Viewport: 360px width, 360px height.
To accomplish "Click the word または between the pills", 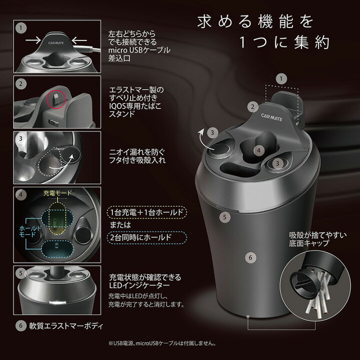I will click(x=122, y=225).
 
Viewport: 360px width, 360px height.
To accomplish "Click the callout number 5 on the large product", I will click(x=225, y=217).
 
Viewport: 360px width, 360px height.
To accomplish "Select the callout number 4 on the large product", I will click(x=258, y=150).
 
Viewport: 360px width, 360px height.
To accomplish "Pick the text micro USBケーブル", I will click(x=139, y=50).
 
